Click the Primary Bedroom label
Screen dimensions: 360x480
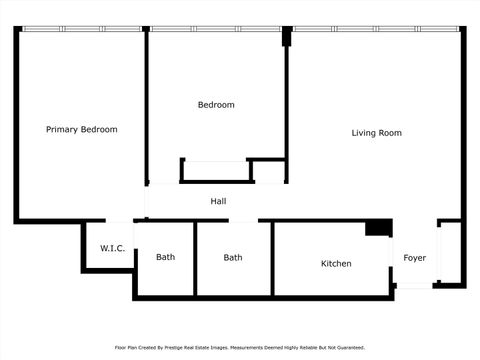82,130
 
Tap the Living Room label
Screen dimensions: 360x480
376,132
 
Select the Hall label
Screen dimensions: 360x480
218,201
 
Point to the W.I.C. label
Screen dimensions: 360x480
112,248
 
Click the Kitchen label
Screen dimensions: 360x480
335,264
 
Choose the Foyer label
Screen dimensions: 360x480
414,258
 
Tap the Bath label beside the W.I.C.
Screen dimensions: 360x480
165,257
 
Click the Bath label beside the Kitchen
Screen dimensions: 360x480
232,257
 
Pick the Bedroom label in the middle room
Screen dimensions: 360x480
216,105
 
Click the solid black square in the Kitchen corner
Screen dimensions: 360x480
378,229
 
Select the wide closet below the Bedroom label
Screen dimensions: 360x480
214,171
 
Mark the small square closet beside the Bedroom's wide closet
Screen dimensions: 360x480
268,172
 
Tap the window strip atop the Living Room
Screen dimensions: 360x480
375,29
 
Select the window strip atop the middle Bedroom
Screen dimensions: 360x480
215,29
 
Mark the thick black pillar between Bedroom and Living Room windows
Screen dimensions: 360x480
287,35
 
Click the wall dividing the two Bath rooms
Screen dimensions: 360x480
195,258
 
